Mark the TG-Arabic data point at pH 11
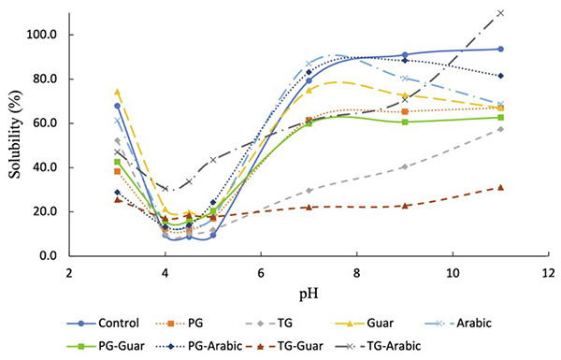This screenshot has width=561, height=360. [500, 13]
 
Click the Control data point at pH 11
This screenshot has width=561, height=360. [500, 49]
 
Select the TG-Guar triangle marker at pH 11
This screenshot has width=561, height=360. [500, 187]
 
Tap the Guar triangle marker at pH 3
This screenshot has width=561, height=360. [118, 92]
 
